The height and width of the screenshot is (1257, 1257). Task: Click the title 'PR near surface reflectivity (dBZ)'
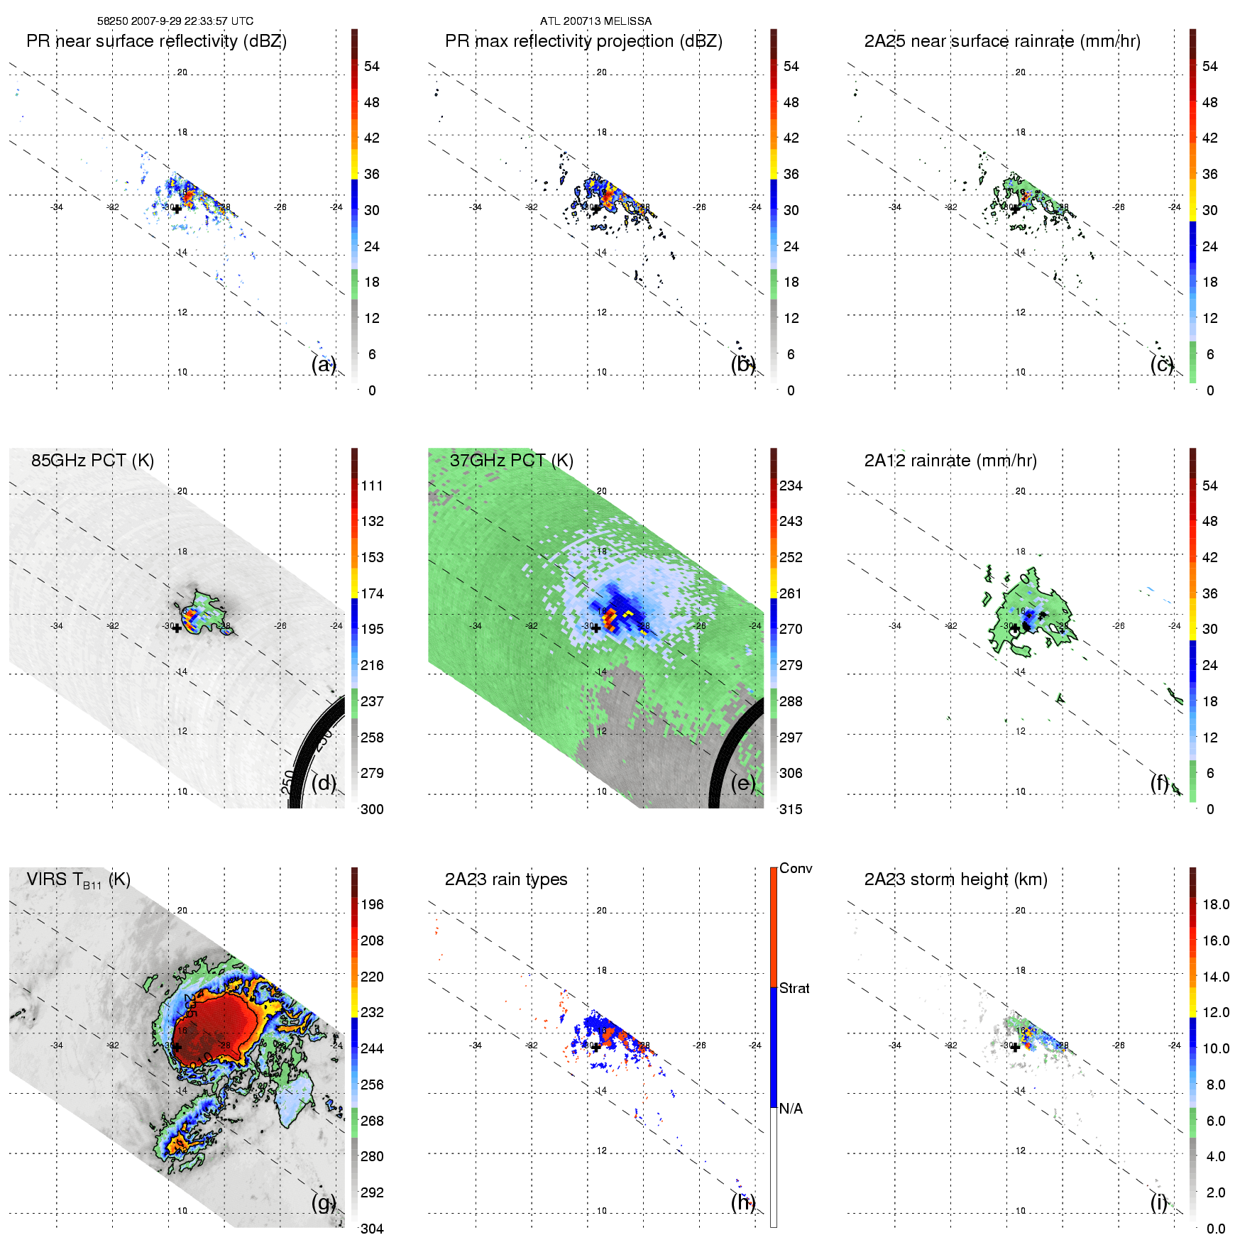pyautogui.click(x=156, y=41)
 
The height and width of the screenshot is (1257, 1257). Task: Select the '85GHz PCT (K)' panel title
pyautogui.click(x=92, y=460)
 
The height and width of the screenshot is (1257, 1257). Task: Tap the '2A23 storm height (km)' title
pyautogui.click(x=955, y=879)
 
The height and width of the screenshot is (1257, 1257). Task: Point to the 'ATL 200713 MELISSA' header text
pyautogui.click(x=595, y=21)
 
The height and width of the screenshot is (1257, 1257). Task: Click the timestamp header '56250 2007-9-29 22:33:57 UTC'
pyautogui.click(x=175, y=21)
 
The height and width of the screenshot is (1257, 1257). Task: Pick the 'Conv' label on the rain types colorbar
pyautogui.click(x=795, y=868)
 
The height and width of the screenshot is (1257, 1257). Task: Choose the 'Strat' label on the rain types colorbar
pyautogui.click(x=794, y=988)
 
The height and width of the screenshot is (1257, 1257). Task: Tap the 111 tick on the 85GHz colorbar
pyautogui.click(x=372, y=485)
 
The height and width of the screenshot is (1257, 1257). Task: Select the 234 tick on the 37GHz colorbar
pyautogui.click(x=791, y=485)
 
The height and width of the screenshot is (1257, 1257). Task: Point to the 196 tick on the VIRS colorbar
pyautogui.click(x=372, y=904)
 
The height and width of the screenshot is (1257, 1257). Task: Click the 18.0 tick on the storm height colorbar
pyautogui.click(x=1216, y=904)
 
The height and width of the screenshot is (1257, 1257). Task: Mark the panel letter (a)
pyautogui.click(x=324, y=364)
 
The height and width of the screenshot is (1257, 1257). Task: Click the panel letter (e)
pyautogui.click(x=743, y=783)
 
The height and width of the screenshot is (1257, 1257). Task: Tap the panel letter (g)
pyautogui.click(x=324, y=1202)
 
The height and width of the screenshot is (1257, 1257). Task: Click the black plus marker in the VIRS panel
pyautogui.click(x=177, y=1047)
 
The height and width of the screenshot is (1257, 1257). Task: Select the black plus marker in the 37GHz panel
pyautogui.click(x=596, y=628)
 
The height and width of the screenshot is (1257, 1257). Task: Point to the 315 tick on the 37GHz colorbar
pyautogui.click(x=791, y=809)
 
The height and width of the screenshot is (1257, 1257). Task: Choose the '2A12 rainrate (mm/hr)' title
pyautogui.click(x=950, y=461)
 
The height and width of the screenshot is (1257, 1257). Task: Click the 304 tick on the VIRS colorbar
pyautogui.click(x=372, y=1229)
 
